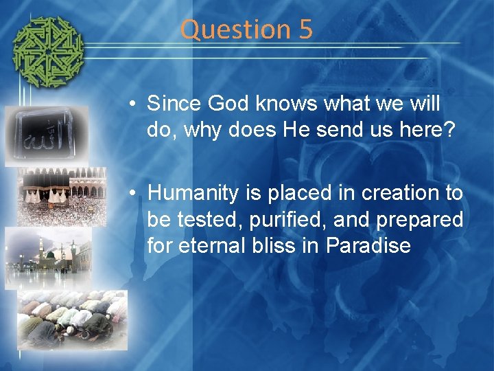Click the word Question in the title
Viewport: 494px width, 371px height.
point(227,30)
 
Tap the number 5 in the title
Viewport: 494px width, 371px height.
point(305,30)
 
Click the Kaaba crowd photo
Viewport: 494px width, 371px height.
point(62,196)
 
